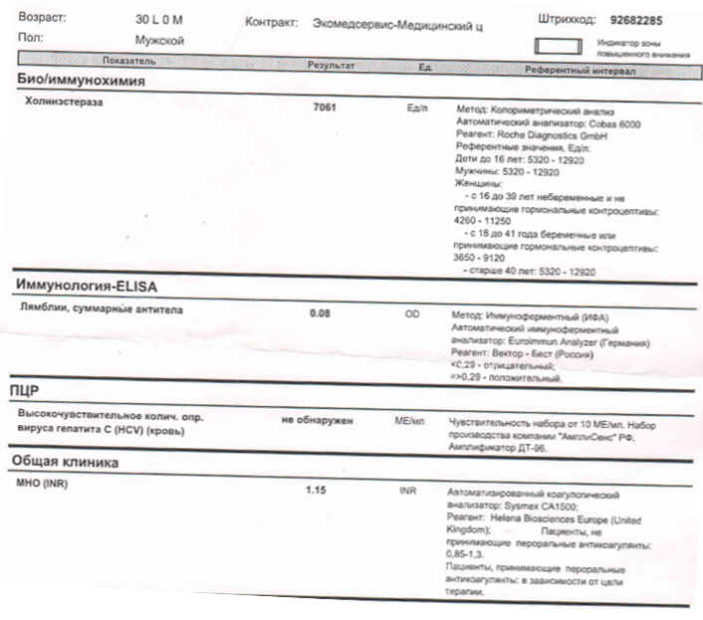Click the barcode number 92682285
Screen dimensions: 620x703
pos(638,20)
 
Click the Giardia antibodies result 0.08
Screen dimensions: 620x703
pos(320,314)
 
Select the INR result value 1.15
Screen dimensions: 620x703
pos(317,491)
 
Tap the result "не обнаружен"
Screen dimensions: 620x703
pos(318,421)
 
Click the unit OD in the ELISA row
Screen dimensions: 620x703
pos(411,314)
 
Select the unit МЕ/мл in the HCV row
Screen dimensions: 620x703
pos(409,422)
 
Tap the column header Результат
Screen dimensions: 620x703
pos(332,64)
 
